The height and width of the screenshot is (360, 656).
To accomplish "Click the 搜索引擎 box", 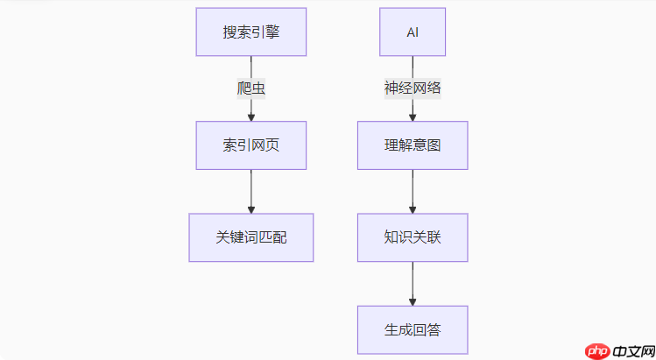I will (250, 32).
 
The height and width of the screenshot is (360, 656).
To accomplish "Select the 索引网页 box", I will (250, 145).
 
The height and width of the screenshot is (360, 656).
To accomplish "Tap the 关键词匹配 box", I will (250, 237).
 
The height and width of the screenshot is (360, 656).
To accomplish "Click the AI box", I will (413, 32).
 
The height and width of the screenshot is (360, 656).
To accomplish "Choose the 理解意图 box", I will (413, 145).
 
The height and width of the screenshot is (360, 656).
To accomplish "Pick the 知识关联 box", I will (413, 237).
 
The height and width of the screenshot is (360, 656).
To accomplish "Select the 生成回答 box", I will (413, 329).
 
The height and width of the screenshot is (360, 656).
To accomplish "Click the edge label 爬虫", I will (250, 88).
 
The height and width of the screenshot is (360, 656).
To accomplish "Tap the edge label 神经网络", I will (413, 88).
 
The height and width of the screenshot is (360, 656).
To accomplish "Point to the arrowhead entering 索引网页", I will (251, 116).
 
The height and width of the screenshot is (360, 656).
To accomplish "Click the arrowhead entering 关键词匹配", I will (251, 208).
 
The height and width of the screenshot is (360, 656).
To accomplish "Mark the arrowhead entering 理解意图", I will (413, 116).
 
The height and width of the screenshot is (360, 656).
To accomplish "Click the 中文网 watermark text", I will (632, 350).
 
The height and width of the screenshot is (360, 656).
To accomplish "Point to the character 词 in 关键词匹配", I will (250, 237).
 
